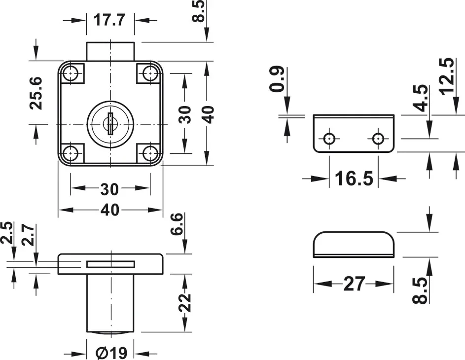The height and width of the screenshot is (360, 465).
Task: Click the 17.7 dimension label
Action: click(x=110, y=20)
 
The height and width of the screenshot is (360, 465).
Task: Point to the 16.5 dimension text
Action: click(x=354, y=179)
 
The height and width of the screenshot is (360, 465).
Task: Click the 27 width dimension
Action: click(x=354, y=284)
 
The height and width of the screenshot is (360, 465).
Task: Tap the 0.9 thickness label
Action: click(x=277, y=79)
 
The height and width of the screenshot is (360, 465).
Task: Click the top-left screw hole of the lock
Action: click(x=72, y=74)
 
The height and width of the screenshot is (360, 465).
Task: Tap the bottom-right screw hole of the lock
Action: click(x=149, y=153)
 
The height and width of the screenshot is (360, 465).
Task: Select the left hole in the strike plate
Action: click(x=329, y=138)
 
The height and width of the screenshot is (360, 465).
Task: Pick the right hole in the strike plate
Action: click(x=378, y=138)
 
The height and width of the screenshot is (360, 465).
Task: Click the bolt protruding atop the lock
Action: click(x=110, y=52)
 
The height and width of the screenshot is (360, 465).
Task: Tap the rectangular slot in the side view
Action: click(x=110, y=264)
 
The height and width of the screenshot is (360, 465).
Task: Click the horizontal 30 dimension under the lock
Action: click(x=109, y=189)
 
